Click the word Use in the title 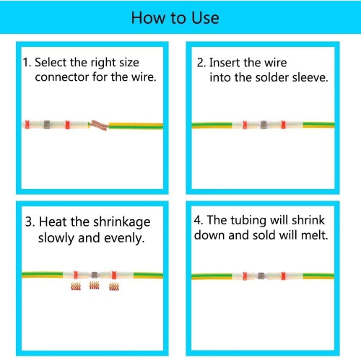tap(206, 18)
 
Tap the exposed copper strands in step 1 tap(99, 125)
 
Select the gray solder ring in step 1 tap(47, 125)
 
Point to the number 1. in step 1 tap(27, 62)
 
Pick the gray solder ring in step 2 tap(264, 125)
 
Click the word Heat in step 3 tap(53, 221)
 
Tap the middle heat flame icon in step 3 tap(94, 286)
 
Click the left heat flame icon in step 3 tap(76, 286)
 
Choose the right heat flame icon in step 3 tap(114, 286)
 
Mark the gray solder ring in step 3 tap(95, 275)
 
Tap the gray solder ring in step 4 tap(261, 276)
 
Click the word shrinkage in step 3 tap(122, 221)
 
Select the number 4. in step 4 tap(199, 220)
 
